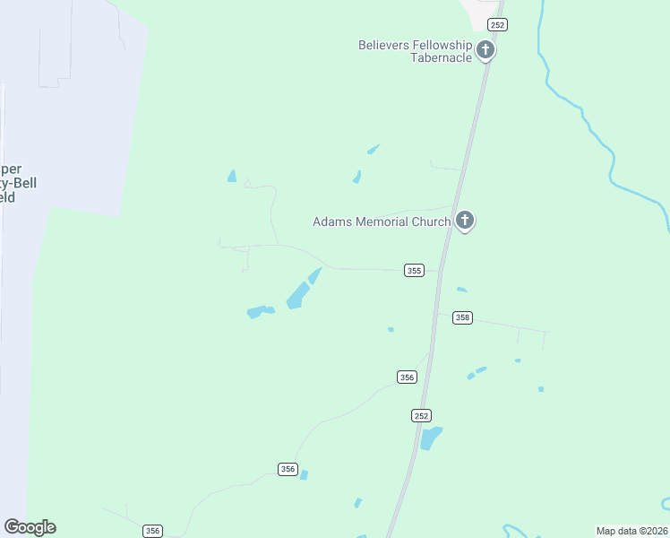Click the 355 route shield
[x=413, y=271]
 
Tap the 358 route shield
[x=462, y=317]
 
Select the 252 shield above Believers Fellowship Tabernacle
[x=497, y=25]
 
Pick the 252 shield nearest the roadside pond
[x=422, y=415]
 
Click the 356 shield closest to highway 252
[x=407, y=377]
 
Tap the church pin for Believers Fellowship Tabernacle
[x=485, y=50]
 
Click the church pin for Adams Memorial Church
[x=464, y=220]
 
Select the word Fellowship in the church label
[x=439, y=45]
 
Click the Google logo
[x=30, y=527]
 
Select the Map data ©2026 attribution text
[x=631, y=531]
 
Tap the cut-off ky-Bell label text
[x=13, y=183]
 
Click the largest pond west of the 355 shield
[x=296, y=296]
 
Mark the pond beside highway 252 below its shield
[x=431, y=438]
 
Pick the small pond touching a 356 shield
[x=303, y=474]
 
